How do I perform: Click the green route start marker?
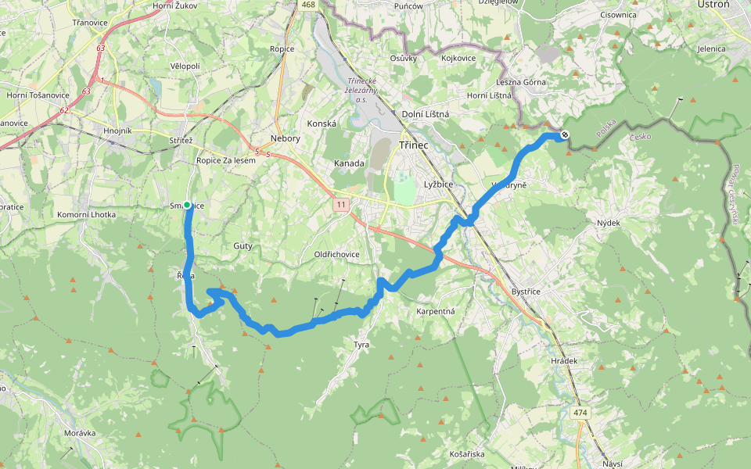pyautogui.click(x=187, y=206)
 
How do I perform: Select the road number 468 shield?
pyautogui.click(x=307, y=5)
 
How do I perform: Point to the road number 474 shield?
pyautogui.click(x=579, y=412)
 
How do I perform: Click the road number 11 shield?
pyautogui.click(x=340, y=205)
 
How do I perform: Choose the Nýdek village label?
pyautogui.click(x=608, y=223)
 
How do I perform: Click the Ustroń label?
pyautogui.click(x=712, y=4)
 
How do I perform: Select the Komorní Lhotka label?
pyautogui.click(x=87, y=214)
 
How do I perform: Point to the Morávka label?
pyautogui.click(x=80, y=432)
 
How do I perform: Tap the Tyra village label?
pyautogui.click(x=361, y=344)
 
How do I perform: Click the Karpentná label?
pyautogui.click(x=436, y=311)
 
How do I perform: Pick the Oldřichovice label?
pyautogui.click(x=336, y=254)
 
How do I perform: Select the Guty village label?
pyautogui.click(x=243, y=245)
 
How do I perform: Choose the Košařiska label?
pyautogui.click(x=469, y=454)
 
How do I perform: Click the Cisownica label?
pyautogui.click(x=618, y=14)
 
